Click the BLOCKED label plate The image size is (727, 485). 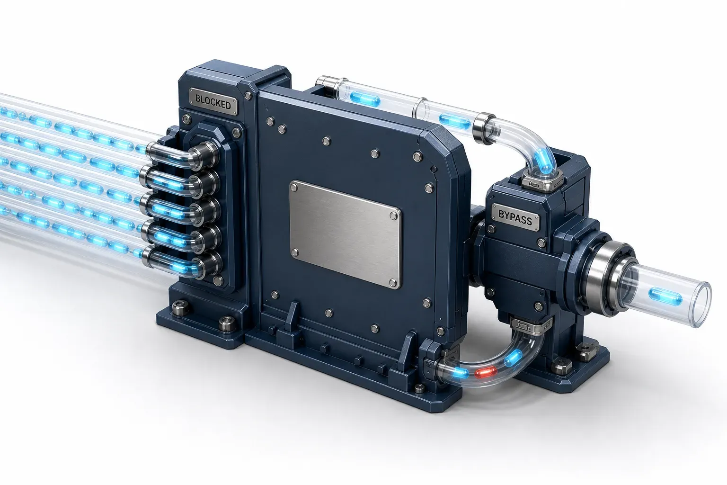tap(213, 102)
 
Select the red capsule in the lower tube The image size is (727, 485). tap(486, 372)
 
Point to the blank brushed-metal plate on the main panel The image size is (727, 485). tap(345, 234)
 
